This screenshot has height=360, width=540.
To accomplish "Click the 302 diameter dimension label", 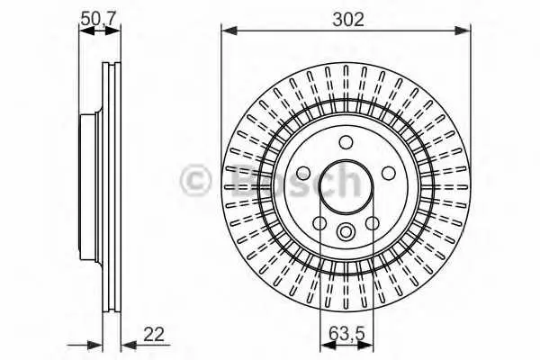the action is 347,20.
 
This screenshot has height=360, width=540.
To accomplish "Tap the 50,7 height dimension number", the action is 98,18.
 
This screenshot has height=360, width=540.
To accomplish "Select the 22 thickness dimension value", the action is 154,334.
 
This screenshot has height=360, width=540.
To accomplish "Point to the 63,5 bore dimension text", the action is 346,334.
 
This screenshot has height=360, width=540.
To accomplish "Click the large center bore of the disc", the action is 346,186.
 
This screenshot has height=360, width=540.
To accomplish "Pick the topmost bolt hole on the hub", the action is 346,141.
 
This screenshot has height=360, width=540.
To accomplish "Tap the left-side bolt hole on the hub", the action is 303,173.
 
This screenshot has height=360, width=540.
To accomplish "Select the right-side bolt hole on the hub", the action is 389,173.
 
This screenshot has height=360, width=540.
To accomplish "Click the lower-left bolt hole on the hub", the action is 319,223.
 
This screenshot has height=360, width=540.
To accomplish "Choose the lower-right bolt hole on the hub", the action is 373,223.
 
